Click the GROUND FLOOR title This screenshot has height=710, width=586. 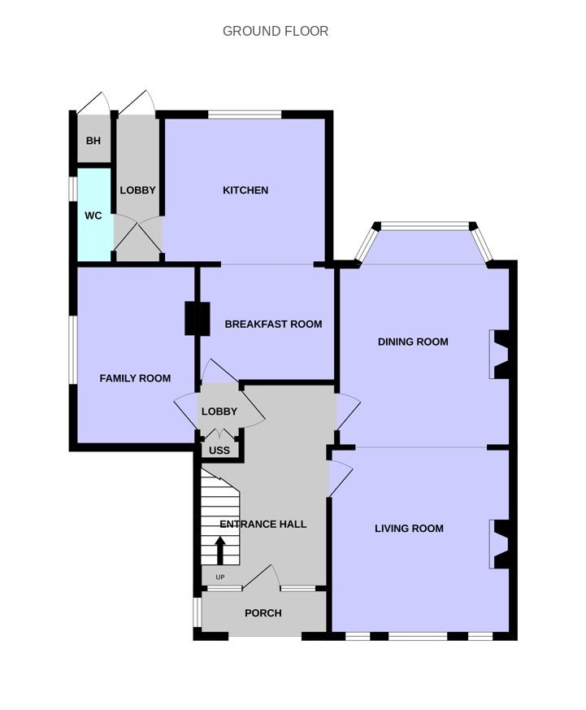coord(276,31)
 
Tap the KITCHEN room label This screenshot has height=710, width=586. coord(245,190)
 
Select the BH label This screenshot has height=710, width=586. coord(93,141)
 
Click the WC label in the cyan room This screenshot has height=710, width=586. coord(93,216)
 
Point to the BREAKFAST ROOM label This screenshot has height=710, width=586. coord(273,325)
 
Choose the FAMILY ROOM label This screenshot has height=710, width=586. coord(135,378)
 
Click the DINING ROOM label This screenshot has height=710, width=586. coord(413,342)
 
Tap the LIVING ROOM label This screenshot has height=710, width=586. coord(409,529)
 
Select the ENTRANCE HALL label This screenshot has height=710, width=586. coord(263,525)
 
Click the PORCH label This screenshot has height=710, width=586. coord(263,613)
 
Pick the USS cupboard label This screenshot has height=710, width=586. coord(219,451)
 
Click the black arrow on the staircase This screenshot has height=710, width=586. coord(220,551)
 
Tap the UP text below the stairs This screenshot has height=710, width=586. coord(220,577)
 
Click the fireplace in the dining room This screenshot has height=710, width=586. coord(499,355)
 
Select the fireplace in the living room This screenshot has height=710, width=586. coord(499,544)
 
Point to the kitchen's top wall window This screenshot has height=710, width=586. coord(245,115)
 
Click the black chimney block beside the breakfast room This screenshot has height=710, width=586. coord(198,319)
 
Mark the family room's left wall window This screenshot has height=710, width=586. coord(72,350)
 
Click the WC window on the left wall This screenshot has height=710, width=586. coord(72,189)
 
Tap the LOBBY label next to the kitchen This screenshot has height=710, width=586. coord(137,190)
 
